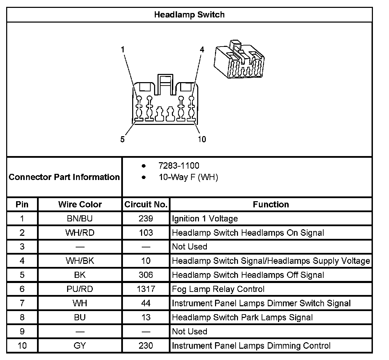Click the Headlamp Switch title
(189, 15)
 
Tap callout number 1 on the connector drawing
(123, 50)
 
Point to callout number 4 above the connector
(202, 50)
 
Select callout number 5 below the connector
(123, 139)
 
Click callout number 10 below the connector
(202, 139)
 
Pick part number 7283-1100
(178, 166)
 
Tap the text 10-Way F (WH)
(188, 177)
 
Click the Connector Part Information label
(64, 177)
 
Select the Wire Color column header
(80, 205)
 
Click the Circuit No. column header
(146, 205)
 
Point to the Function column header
(271, 205)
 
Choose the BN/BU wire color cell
(80, 219)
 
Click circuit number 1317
(146, 289)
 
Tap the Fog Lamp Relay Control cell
(218, 289)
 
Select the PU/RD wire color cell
(80, 289)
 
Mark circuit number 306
(146, 275)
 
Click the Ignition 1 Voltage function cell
(205, 219)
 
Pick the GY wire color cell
(80, 346)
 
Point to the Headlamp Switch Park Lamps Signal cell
(242, 318)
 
